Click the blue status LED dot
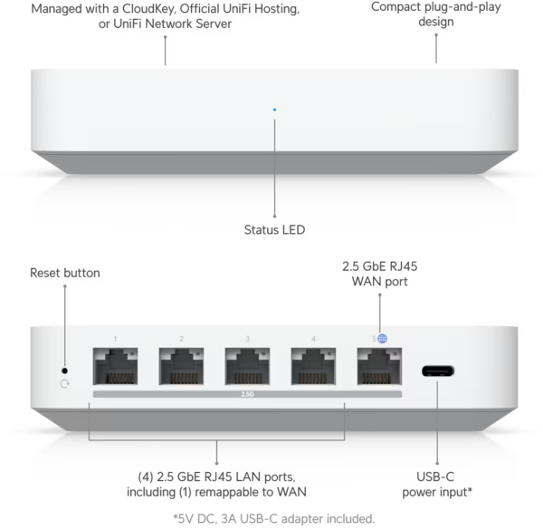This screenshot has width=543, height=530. point(274,110)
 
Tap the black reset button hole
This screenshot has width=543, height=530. point(64,371)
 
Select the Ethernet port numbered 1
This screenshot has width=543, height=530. point(115,366)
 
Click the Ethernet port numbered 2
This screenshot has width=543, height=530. point(181,366)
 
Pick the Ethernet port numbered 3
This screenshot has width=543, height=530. point(247,366)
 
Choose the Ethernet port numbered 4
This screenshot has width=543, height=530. point(313,366)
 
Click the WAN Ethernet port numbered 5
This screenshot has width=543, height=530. point(379,366)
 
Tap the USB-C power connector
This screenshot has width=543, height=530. point(438,371)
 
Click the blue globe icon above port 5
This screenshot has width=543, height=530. point(382,338)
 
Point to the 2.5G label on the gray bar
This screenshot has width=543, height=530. point(247,394)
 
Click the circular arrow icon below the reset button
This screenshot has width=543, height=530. point(65,384)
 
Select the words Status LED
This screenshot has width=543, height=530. point(274,230)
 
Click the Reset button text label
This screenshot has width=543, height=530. point(65,273)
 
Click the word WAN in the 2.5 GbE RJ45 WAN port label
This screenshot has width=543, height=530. point(367,282)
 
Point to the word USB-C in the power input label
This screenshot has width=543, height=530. point(435,477)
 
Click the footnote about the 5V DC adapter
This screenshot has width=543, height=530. point(274,519)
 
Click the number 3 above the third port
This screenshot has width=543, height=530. point(247,339)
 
